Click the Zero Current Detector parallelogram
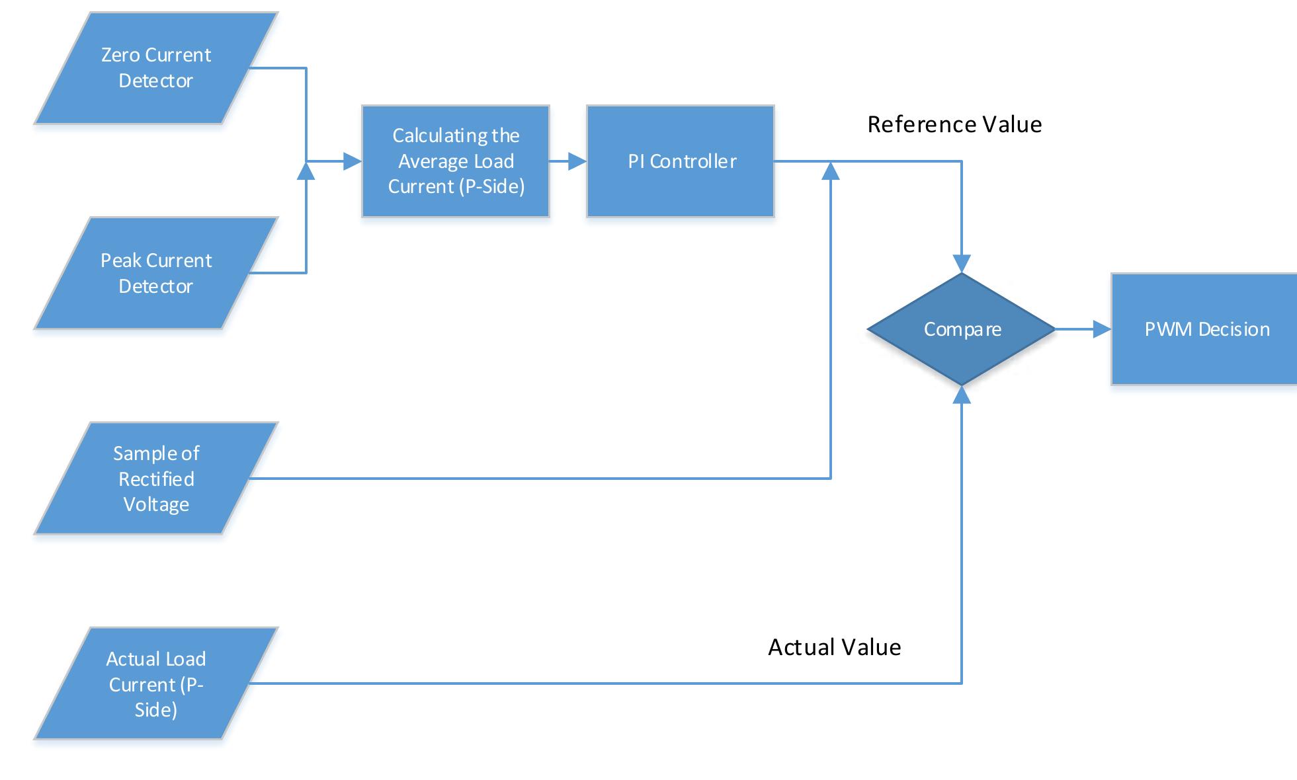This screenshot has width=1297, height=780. (x=155, y=68)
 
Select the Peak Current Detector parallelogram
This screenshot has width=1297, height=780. (x=155, y=273)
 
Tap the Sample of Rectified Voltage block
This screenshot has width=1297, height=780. (x=155, y=479)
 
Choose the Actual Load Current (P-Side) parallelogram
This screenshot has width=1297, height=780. (x=155, y=683)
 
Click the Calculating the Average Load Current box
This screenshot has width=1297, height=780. (x=456, y=161)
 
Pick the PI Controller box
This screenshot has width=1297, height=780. (x=681, y=161)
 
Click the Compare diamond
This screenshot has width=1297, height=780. (x=962, y=329)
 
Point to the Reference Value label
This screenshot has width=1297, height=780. (x=954, y=124)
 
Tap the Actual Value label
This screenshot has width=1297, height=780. (x=834, y=647)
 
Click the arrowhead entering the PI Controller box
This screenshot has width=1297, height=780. (x=578, y=161)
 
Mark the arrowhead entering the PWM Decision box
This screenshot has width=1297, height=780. (x=1102, y=329)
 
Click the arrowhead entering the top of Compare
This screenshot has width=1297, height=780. (x=962, y=264)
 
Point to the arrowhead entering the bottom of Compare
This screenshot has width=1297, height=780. (x=962, y=395)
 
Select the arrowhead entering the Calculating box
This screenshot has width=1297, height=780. (x=353, y=161)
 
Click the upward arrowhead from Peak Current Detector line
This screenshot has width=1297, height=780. (x=306, y=171)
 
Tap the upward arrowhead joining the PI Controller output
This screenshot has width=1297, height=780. (x=830, y=171)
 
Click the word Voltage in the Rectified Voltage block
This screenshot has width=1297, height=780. (x=156, y=505)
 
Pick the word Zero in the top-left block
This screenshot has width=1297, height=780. (x=116, y=55)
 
